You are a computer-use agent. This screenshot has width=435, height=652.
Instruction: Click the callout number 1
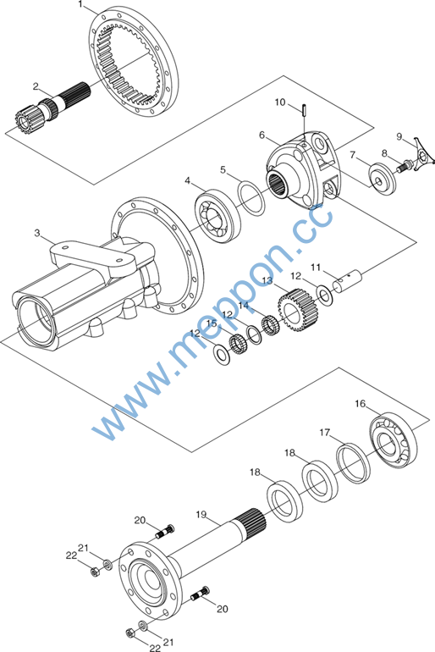click(x=80, y=4)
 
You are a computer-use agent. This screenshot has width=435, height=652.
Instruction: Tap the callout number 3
click(x=37, y=233)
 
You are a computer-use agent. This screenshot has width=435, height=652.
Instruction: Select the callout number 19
click(x=201, y=515)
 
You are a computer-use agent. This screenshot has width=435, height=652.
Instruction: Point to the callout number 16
click(x=361, y=403)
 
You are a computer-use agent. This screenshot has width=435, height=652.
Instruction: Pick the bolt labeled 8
click(x=403, y=167)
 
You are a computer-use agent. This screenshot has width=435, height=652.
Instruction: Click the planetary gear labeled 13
click(x=298, y=308)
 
